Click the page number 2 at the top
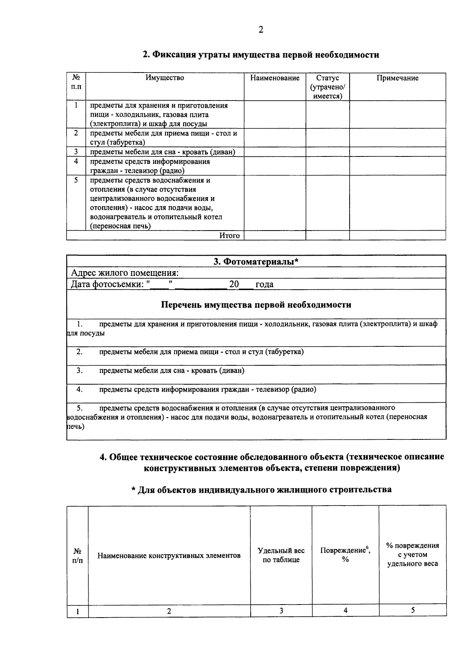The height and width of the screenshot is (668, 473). [261, 30]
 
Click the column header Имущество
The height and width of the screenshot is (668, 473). [164, 78]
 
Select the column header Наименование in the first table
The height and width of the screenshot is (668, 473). [275, 78]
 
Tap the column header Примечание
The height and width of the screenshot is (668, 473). [397, 78]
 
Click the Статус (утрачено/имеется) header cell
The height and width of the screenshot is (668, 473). [328, 87]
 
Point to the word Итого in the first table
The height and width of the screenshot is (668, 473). [229, 236]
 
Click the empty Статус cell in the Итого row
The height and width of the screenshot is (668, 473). [328, 236]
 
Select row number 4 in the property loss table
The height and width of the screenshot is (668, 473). [76, 162]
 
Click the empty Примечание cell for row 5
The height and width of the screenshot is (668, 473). [397, 203]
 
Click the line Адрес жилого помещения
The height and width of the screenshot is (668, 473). [125, 273]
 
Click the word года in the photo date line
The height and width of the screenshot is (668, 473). [264, 285]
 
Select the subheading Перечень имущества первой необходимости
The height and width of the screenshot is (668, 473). [256, 305]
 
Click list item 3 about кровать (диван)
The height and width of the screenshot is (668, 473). [171, 371]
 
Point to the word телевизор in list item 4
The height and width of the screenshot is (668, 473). [272, 390]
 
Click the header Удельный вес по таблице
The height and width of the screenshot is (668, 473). [281, 555]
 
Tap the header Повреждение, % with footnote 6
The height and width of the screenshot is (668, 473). [345, 554]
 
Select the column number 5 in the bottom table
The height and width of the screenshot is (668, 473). [413, 610]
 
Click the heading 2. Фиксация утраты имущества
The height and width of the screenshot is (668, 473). [261, 55]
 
